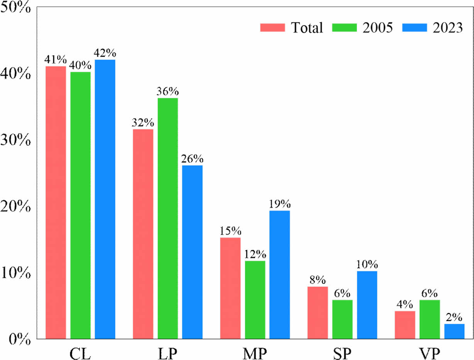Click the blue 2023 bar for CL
105,199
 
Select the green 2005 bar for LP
168,218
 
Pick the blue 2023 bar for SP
367,305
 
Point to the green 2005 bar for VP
429,319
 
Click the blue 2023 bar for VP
454,331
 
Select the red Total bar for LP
143,234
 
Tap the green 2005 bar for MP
255,300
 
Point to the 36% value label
168,92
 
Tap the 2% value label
454,318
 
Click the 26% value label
192,159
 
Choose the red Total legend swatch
273,27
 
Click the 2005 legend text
378,28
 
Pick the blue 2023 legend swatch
415,27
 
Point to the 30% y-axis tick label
15,140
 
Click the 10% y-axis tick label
15,273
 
